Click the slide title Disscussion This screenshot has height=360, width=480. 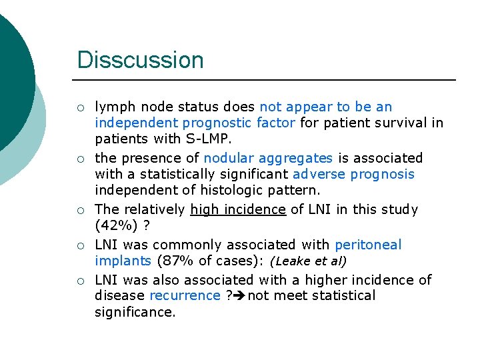tap(140, 60)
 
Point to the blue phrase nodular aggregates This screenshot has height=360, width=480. tap(268, 158)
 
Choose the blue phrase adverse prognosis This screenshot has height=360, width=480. tap(353, 174)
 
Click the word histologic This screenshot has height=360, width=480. tap(229, 190)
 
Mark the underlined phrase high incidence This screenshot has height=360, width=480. tap(238, 209)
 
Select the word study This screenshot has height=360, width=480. tap(399, 209)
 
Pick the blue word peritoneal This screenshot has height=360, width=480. tap(369, 245)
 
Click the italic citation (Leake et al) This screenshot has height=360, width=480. tap(308, 261)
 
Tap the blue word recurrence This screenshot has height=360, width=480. tap(185, 295)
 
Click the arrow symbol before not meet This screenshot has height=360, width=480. tap(239, 295)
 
